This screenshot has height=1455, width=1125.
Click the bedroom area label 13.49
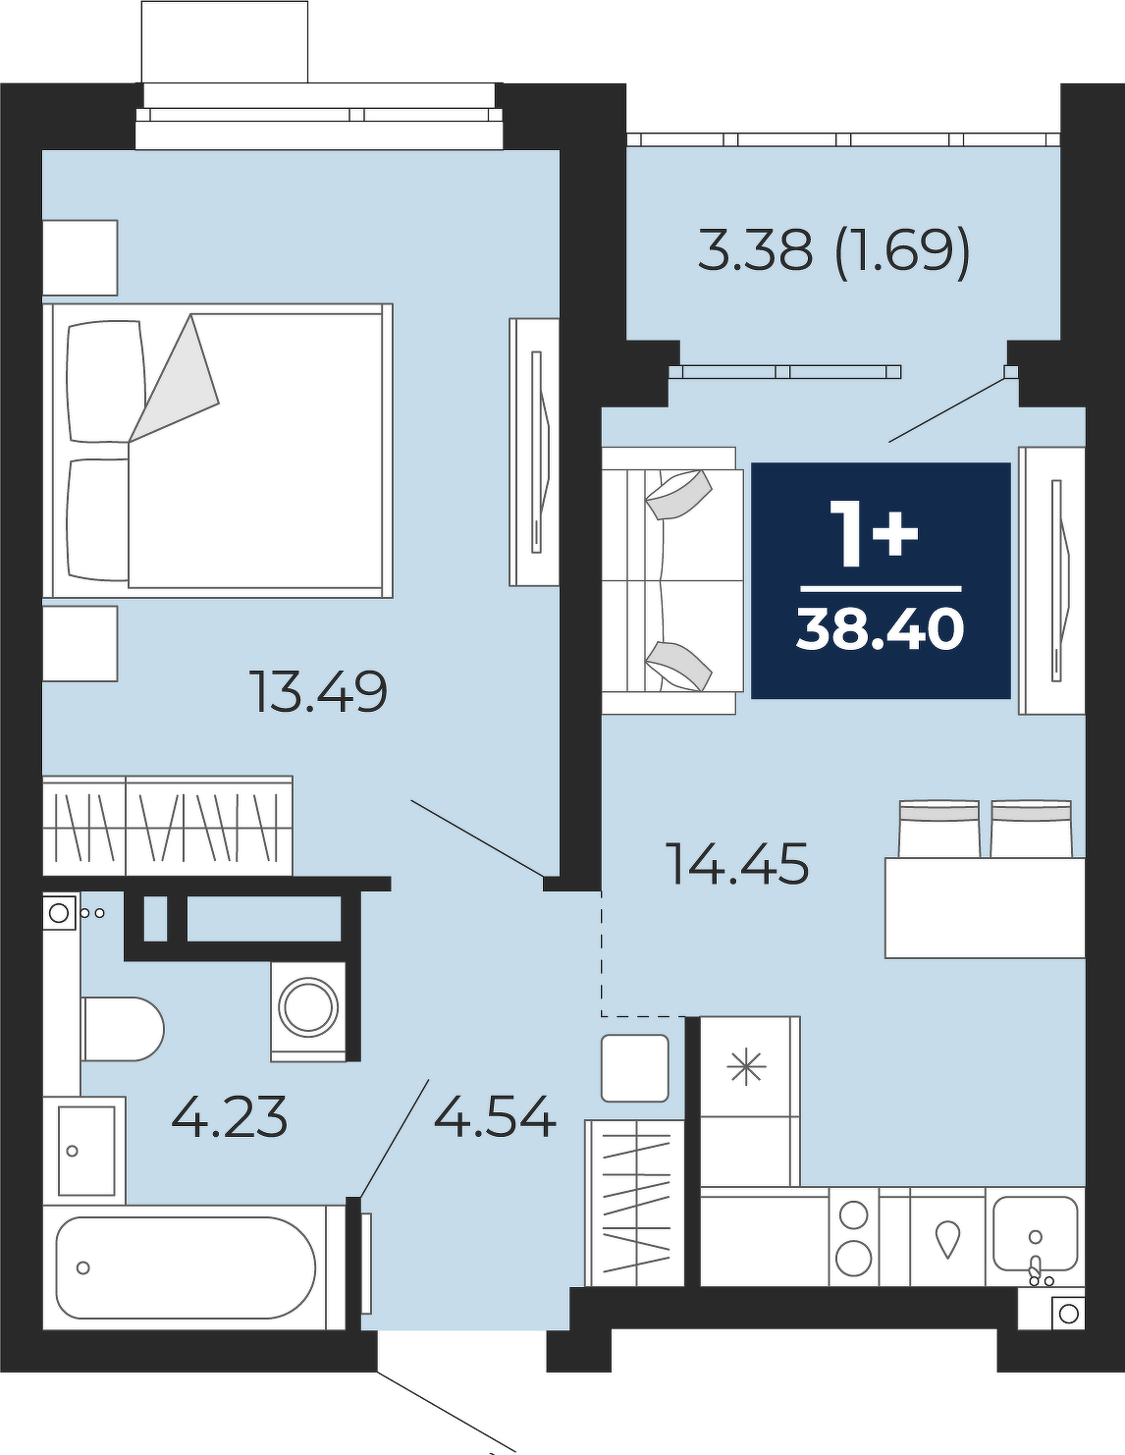click(318, 692)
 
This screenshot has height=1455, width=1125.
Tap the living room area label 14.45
click(739, 863)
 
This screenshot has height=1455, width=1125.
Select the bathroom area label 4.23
click(230, 1116)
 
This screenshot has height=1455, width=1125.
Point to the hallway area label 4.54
click(495, 1116)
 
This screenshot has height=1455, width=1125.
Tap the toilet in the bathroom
click(123, 1029)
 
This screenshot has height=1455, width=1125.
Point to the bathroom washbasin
click(84, 1151)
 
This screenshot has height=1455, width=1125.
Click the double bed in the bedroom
click(218, 451)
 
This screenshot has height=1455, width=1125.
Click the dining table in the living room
click(985, 907)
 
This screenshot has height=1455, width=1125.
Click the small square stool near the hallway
click(634, 1068)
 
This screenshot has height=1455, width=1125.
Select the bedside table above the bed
click(80, 258)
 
